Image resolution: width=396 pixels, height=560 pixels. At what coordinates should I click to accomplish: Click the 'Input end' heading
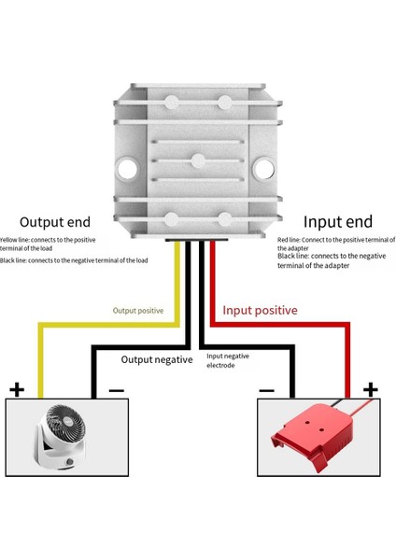(339, 222)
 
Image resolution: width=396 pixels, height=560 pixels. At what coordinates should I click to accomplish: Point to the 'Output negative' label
(157, 359)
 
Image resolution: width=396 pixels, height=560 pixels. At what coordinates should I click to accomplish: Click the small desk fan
(55, 437)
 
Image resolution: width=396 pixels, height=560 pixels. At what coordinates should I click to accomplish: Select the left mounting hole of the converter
(126, 169)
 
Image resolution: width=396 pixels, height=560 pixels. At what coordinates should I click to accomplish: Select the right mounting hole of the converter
(265, 169)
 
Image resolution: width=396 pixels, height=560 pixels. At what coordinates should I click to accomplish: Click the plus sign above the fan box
(16, 389)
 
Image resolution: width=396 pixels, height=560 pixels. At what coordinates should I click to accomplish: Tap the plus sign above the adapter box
(371, 388)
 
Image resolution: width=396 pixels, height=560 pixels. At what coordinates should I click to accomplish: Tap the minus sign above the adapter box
(266, 389)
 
